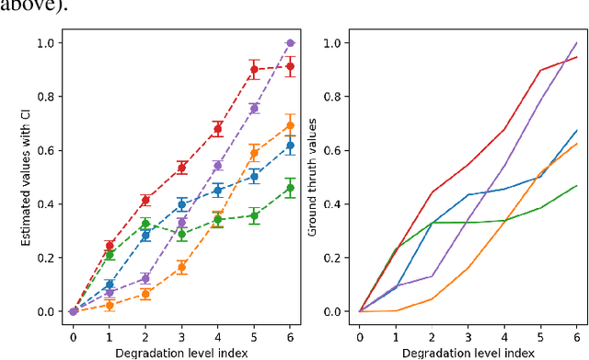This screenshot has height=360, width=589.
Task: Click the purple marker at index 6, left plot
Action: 291,42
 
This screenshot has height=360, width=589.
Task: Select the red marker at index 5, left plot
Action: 255,69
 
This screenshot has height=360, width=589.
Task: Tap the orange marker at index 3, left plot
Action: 181,267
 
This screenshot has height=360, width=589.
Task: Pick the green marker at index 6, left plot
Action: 291,188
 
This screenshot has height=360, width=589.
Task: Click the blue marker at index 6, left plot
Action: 291,145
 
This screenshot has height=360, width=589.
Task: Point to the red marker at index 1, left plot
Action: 110,246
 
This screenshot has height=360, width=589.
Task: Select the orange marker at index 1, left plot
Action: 110,306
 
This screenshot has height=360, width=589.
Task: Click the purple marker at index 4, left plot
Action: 218,166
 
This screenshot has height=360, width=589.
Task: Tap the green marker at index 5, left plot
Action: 255,215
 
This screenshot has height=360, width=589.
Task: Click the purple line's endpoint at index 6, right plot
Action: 577,42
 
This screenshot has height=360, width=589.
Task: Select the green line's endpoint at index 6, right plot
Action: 577,185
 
